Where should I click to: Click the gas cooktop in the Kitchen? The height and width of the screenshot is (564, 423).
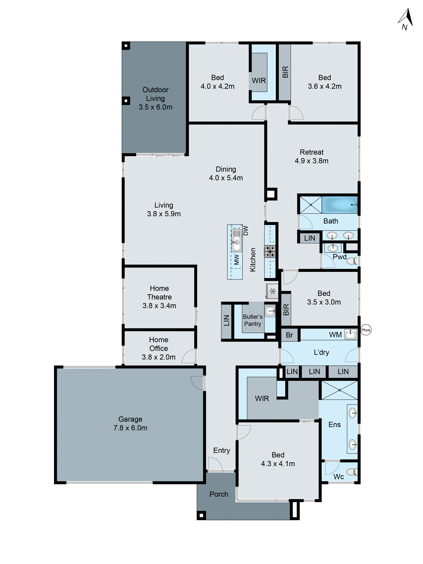(x=270, y=251)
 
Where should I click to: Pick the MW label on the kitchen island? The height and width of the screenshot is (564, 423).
(x=237, y=260)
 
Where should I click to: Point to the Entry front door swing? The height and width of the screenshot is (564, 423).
(x=215, y=464)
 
